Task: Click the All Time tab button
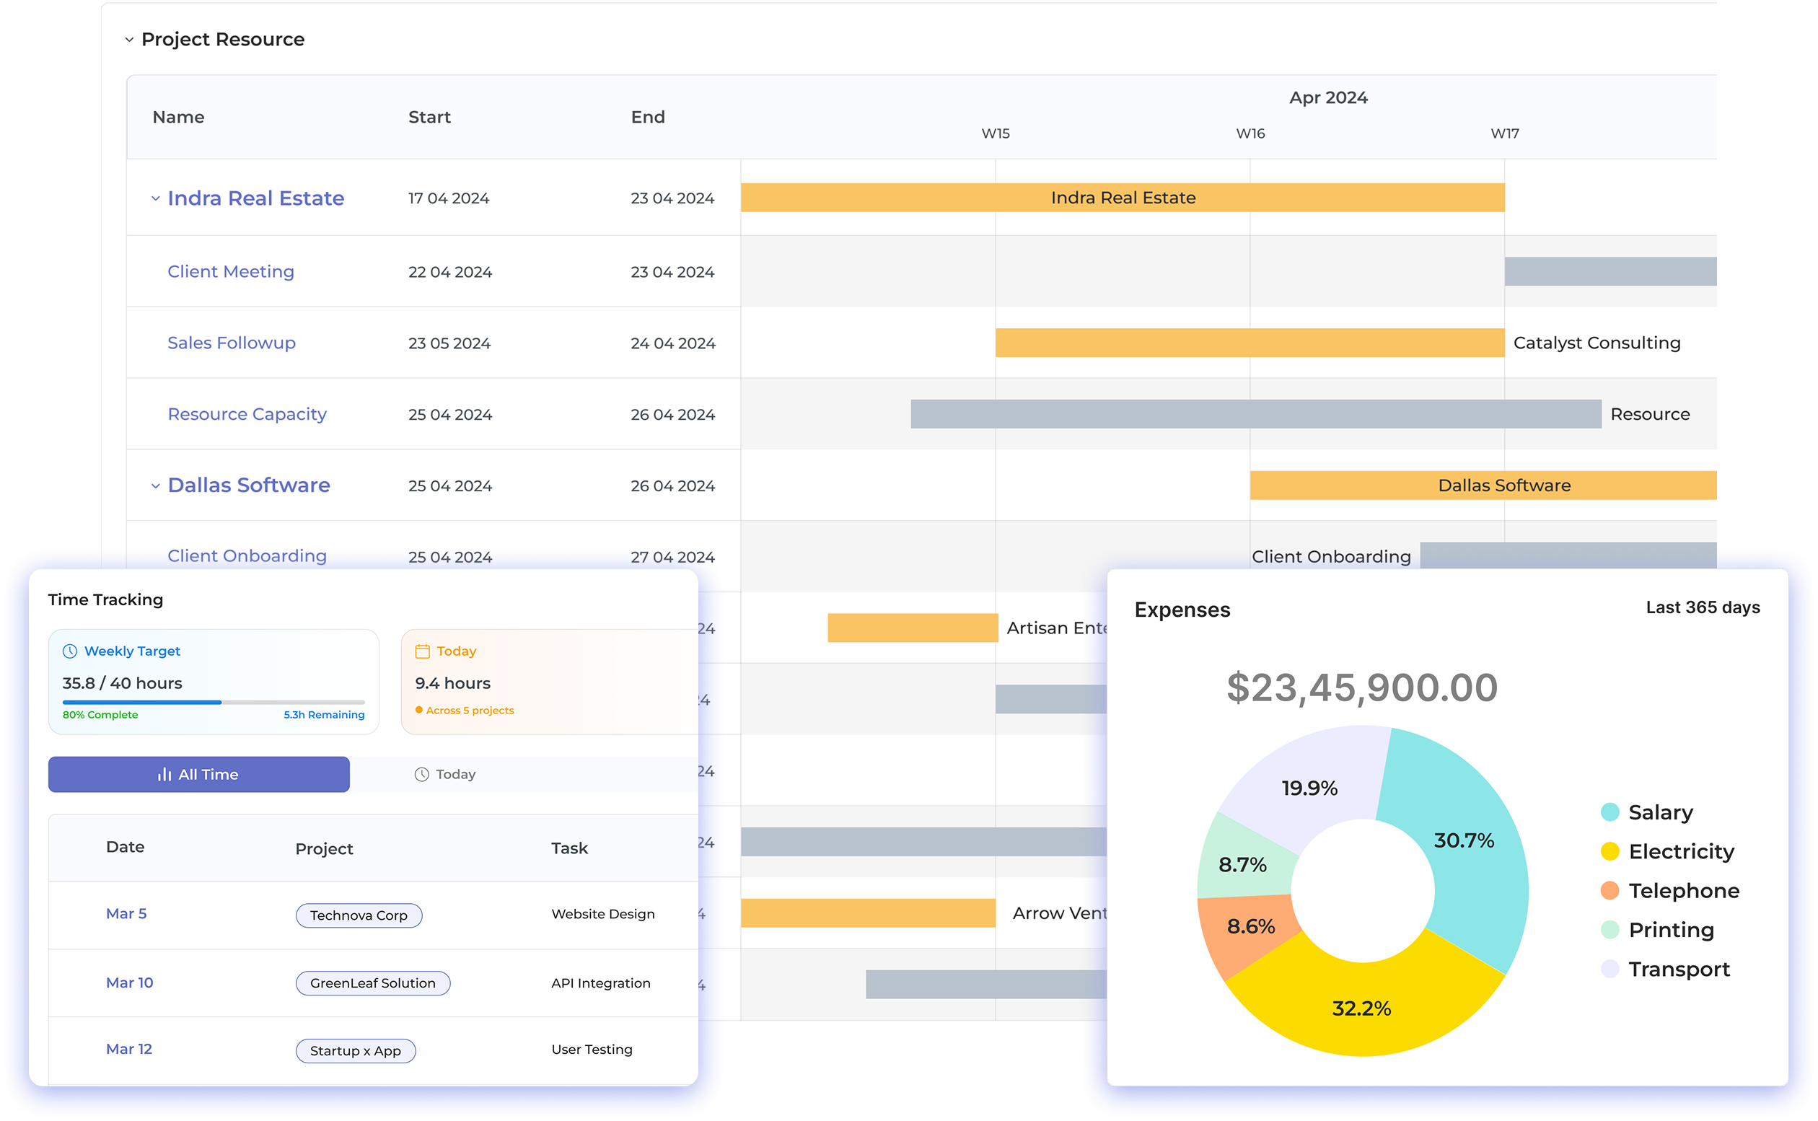[198, 774]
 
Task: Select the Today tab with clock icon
[445, 774]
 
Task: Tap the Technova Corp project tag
[359, 915]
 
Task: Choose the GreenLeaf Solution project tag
[373, 983]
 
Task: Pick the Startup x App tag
[356, 1050]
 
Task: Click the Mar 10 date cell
[130, 982]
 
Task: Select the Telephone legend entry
[1683, 890]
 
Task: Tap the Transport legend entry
[1679, 969]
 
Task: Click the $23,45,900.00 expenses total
[1362, 687]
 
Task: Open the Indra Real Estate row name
[256, 198]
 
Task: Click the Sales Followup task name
[232, 343]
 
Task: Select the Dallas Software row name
[249, 485]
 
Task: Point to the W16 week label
[1250, 133]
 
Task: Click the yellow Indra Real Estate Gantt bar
[1123, 198]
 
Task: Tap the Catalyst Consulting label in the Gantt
[1597, 343]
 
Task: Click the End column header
[648, 117]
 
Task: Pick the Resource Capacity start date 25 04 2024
[450, 415]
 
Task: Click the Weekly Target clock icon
[70, 651]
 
